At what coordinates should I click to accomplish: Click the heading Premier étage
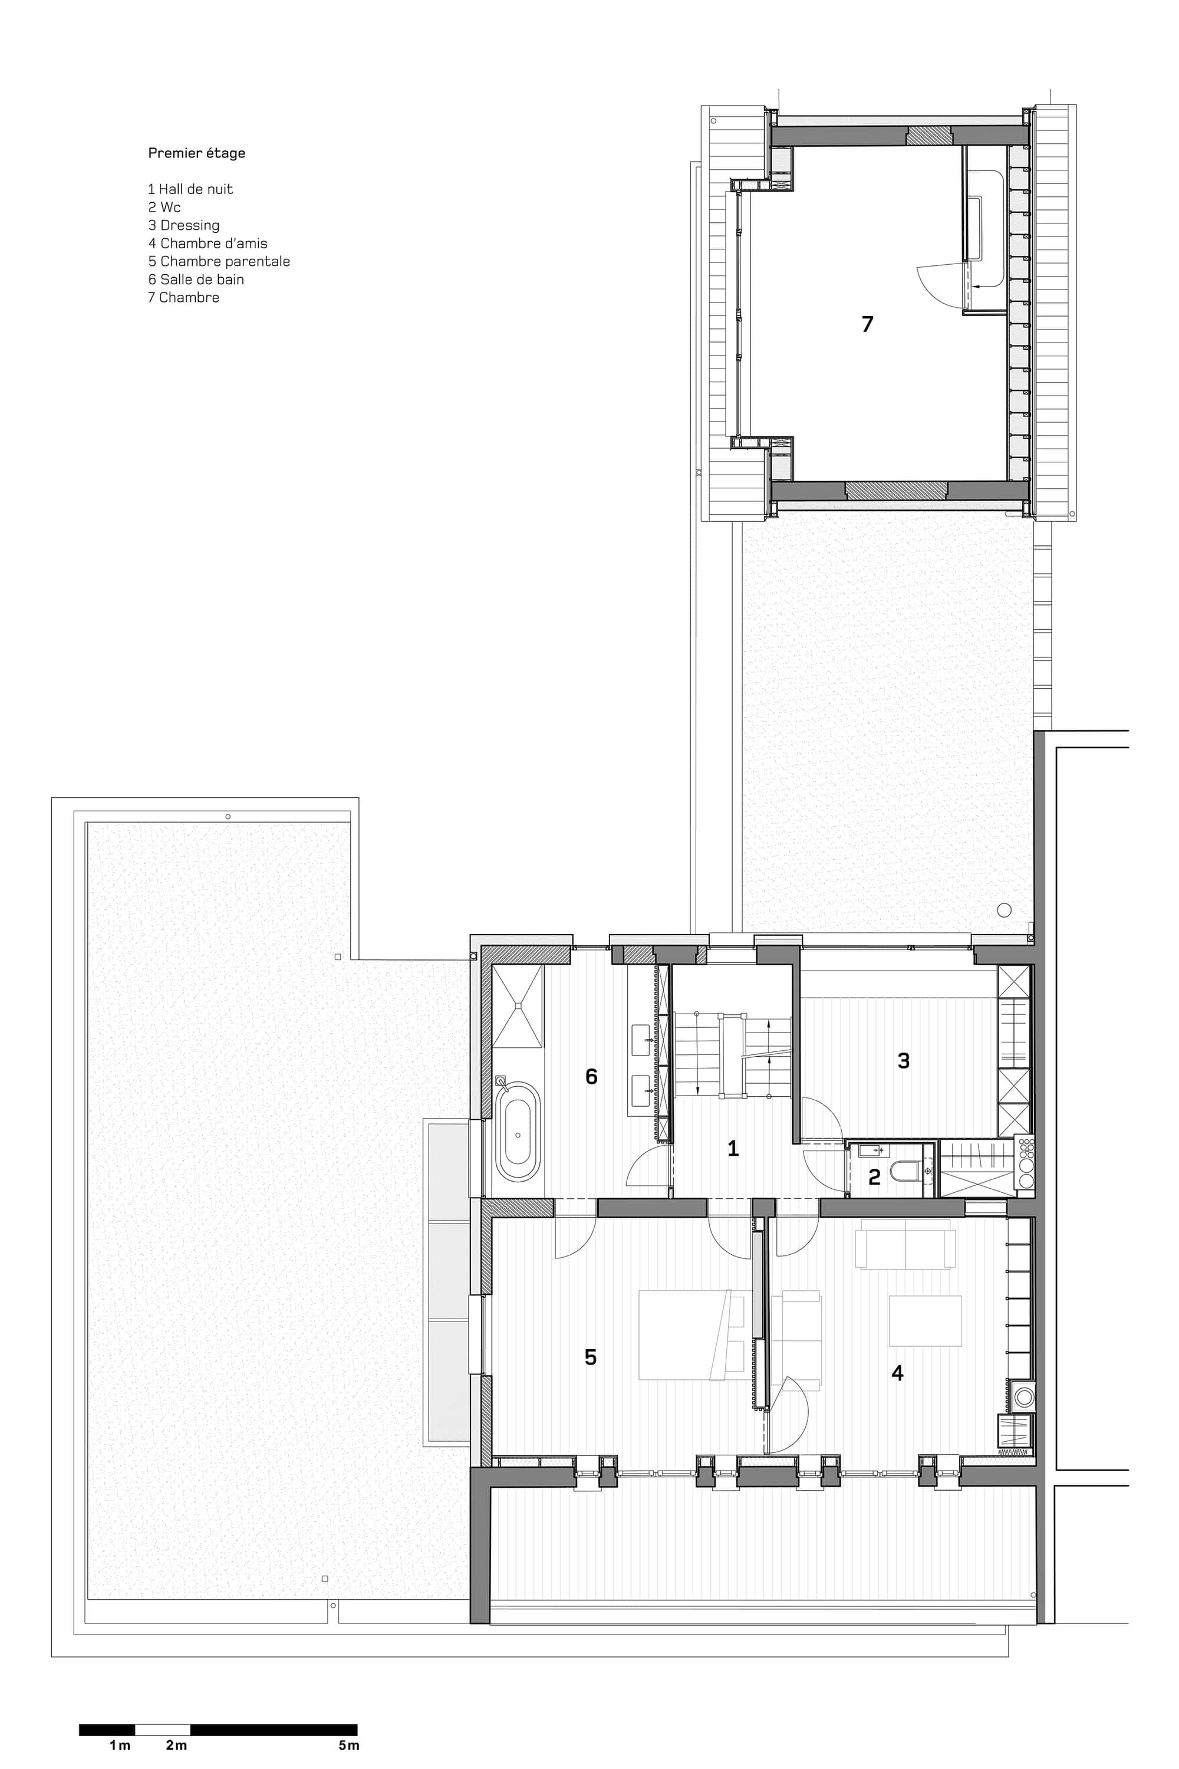pyautogui.click(x=196, y=153)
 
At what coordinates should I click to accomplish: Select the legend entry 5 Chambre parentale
pyautogui.click(x=219, y=262)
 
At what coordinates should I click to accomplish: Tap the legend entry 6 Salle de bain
pyautogui.click(x=196, y=280)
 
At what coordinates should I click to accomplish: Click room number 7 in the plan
pyautogui.click(x=867, y=324)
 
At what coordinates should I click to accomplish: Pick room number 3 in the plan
pyautogui.click(x=904, y=1060)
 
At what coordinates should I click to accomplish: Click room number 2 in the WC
pyautogui.click(x=874, y=1177)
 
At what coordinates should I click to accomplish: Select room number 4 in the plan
pyautogui.click(x=897, y=1373)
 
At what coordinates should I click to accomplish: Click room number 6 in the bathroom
pyautogui.click(x=591, y=1076)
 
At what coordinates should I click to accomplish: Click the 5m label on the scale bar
pyautogui.click(x=348, y=1745)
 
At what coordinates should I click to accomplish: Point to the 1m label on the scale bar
pyautogui.click(x=120, y=1745)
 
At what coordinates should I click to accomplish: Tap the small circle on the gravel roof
pyautogui.click(x=1004, y=910)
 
